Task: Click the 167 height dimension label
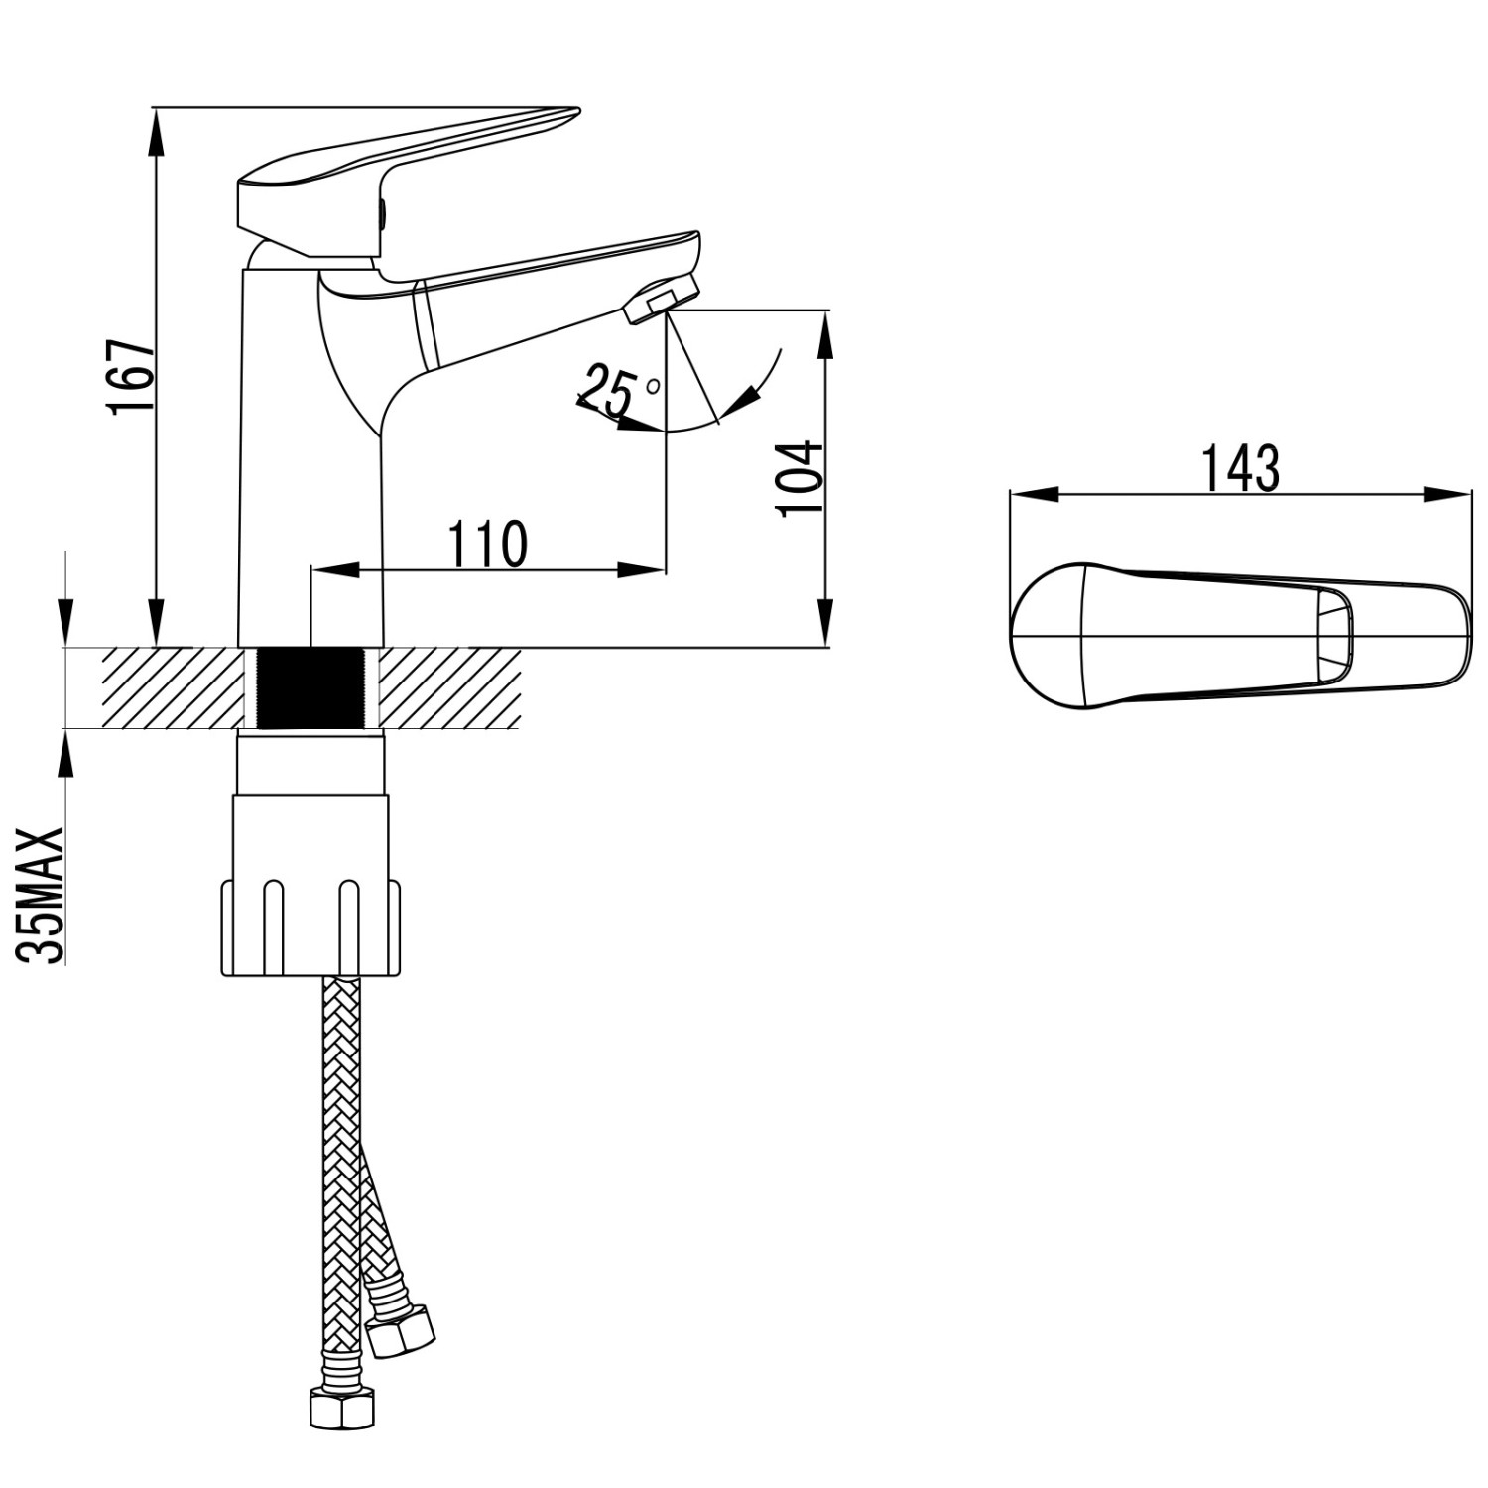click(133, 378)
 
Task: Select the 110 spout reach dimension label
click(487, 544)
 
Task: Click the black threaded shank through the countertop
click(311, 688)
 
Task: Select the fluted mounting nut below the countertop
click(311, 928)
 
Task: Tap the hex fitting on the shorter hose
click(400, 1332)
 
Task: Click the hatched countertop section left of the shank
click(169, 688)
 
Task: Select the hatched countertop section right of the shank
click(451, 688)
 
